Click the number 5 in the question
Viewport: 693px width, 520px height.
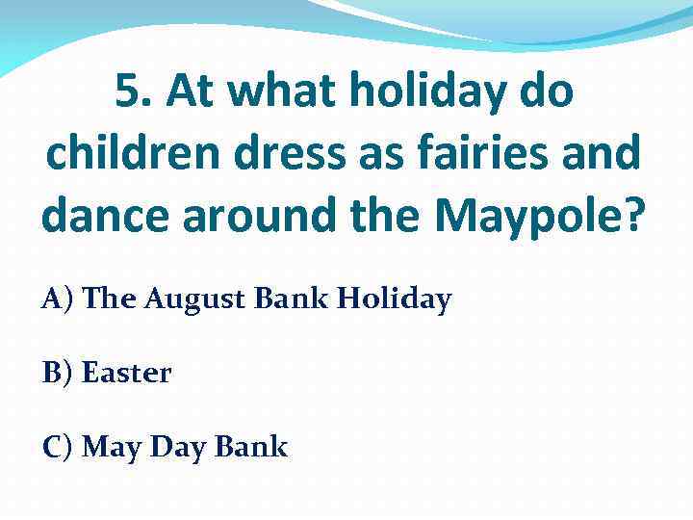click(128, 92)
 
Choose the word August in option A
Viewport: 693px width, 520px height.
click(196, 300)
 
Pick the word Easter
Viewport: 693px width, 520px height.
click(127, 374)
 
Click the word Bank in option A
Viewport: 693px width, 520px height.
click(292, 300)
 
